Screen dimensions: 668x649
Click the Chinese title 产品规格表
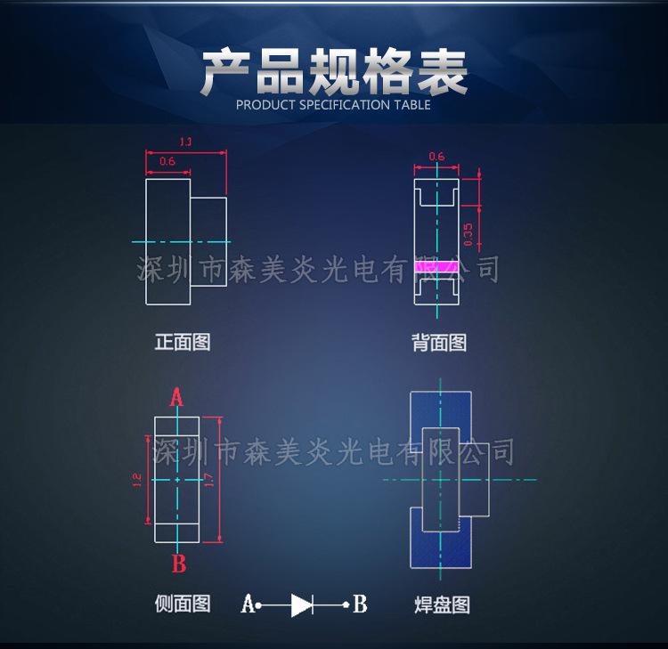pos(334,73)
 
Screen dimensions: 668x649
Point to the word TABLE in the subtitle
pos(411,105)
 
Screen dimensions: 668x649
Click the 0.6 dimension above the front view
pos(167,161)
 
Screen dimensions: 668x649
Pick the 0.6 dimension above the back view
pos(436,157)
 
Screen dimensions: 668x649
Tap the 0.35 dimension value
pos(468,235)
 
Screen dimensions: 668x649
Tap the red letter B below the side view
pos(178,563)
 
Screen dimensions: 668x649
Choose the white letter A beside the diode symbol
pos(247,604)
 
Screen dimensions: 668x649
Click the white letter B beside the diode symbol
pos(359,604)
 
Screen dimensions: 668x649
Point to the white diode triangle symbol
pos(301,605)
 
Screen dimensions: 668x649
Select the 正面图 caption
pos(183,342)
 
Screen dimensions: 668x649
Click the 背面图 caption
pos(439,342)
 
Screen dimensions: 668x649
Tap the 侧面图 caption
pos(183,604)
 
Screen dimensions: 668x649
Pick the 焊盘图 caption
pos(442,605)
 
